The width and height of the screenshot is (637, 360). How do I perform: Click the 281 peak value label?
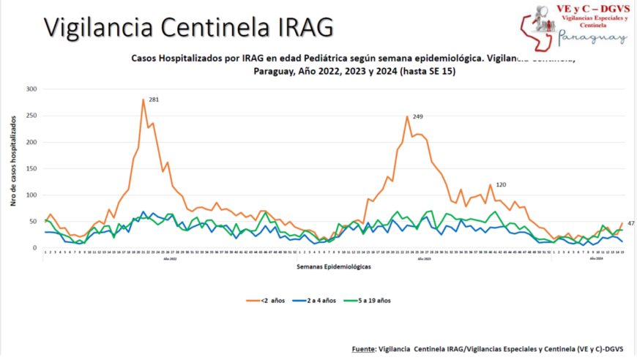point(154,99)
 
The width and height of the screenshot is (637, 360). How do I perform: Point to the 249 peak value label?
point(418,116)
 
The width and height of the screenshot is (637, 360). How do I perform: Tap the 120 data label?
point(502,184)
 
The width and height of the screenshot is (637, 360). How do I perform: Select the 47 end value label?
point(631,222)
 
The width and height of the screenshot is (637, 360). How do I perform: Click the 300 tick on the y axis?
point(31,89)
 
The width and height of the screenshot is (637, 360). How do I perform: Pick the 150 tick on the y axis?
point(31,168)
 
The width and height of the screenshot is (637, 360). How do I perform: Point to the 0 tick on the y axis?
point(34,248)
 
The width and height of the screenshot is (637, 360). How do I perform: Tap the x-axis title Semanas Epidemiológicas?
point(333,267)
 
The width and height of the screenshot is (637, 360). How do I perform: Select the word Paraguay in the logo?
point(592,37)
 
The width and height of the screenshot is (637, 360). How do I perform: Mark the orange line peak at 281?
point(144,99)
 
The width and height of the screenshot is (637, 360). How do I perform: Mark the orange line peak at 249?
point(407,116)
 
